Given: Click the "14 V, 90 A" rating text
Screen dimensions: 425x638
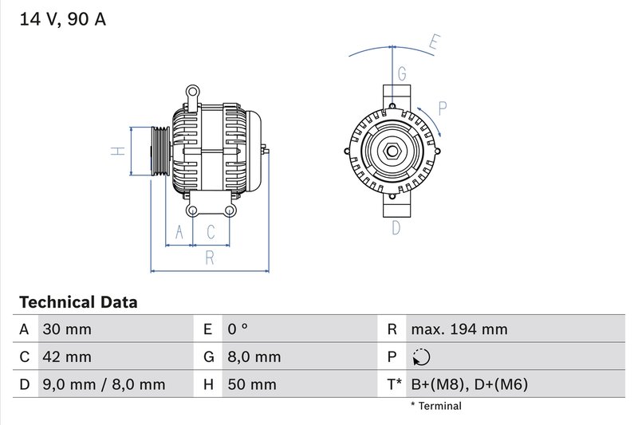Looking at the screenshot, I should (x=61, y=20).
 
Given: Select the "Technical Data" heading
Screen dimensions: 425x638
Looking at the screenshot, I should (x=78, y=302).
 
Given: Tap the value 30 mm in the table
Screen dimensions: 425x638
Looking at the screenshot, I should (x=66, y=329).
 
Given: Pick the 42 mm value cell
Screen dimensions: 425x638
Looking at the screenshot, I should (x=66, y=357).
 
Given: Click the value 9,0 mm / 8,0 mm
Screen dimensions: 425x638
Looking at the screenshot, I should (x=103, y=385).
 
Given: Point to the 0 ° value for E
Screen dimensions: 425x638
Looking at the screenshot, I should (x=238, y=329).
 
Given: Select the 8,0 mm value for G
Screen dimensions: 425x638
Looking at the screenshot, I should (x=254, y=357).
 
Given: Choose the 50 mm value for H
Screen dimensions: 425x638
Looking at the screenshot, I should (x=251, y=385).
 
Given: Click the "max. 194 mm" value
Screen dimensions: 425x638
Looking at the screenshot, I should (x=459, y=329).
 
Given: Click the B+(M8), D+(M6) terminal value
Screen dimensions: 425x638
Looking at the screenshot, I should (x=469, y=385).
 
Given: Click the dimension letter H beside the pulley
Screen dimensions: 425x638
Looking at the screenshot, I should (x=116, y=151).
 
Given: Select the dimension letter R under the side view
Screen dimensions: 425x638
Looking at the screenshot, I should (x=210, y=258).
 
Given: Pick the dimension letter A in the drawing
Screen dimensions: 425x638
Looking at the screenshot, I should (x=179, y=232).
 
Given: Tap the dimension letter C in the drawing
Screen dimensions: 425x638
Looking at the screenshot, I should (x=211, y=232).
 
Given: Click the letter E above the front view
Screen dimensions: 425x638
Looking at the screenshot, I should (x=434, y=42).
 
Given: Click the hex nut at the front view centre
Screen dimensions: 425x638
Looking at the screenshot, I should (x=393, y=152).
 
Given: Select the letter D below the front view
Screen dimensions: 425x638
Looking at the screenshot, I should (x=396, y=228).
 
